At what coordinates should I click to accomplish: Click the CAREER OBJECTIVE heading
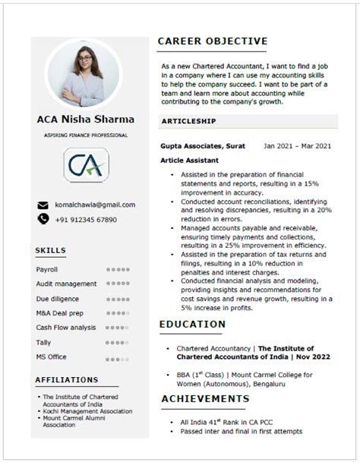point(212,41)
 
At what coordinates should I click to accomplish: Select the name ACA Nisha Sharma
point(86,119)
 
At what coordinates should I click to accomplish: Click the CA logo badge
point(86,165)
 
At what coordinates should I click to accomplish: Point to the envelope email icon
point(43,205)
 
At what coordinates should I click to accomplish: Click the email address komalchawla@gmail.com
point(95,205)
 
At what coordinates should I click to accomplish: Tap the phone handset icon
point(43,219)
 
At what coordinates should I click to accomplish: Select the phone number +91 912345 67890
point(86,219)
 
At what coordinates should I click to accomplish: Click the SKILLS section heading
point(51,250)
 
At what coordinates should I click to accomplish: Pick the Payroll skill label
point(47,269)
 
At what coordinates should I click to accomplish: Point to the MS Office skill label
point(52,357)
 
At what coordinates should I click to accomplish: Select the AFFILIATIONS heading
point(67,379)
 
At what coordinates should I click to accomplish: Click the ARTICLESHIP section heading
point(189,121)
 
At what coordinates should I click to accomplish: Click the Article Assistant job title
point(190,160)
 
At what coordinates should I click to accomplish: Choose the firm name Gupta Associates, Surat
point(202,145)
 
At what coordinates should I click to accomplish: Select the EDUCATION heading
point(191,325)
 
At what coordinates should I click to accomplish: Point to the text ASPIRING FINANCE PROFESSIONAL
point(86,135)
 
